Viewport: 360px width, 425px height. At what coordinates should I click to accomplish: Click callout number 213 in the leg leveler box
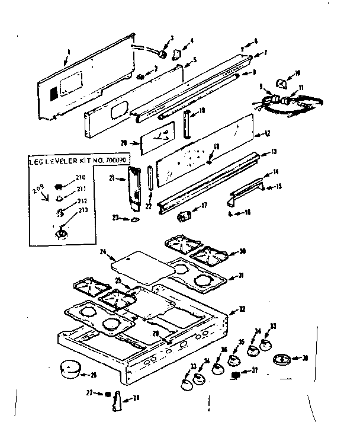coord(81,209)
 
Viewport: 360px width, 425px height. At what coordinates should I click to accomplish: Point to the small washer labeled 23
coord(135,221)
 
